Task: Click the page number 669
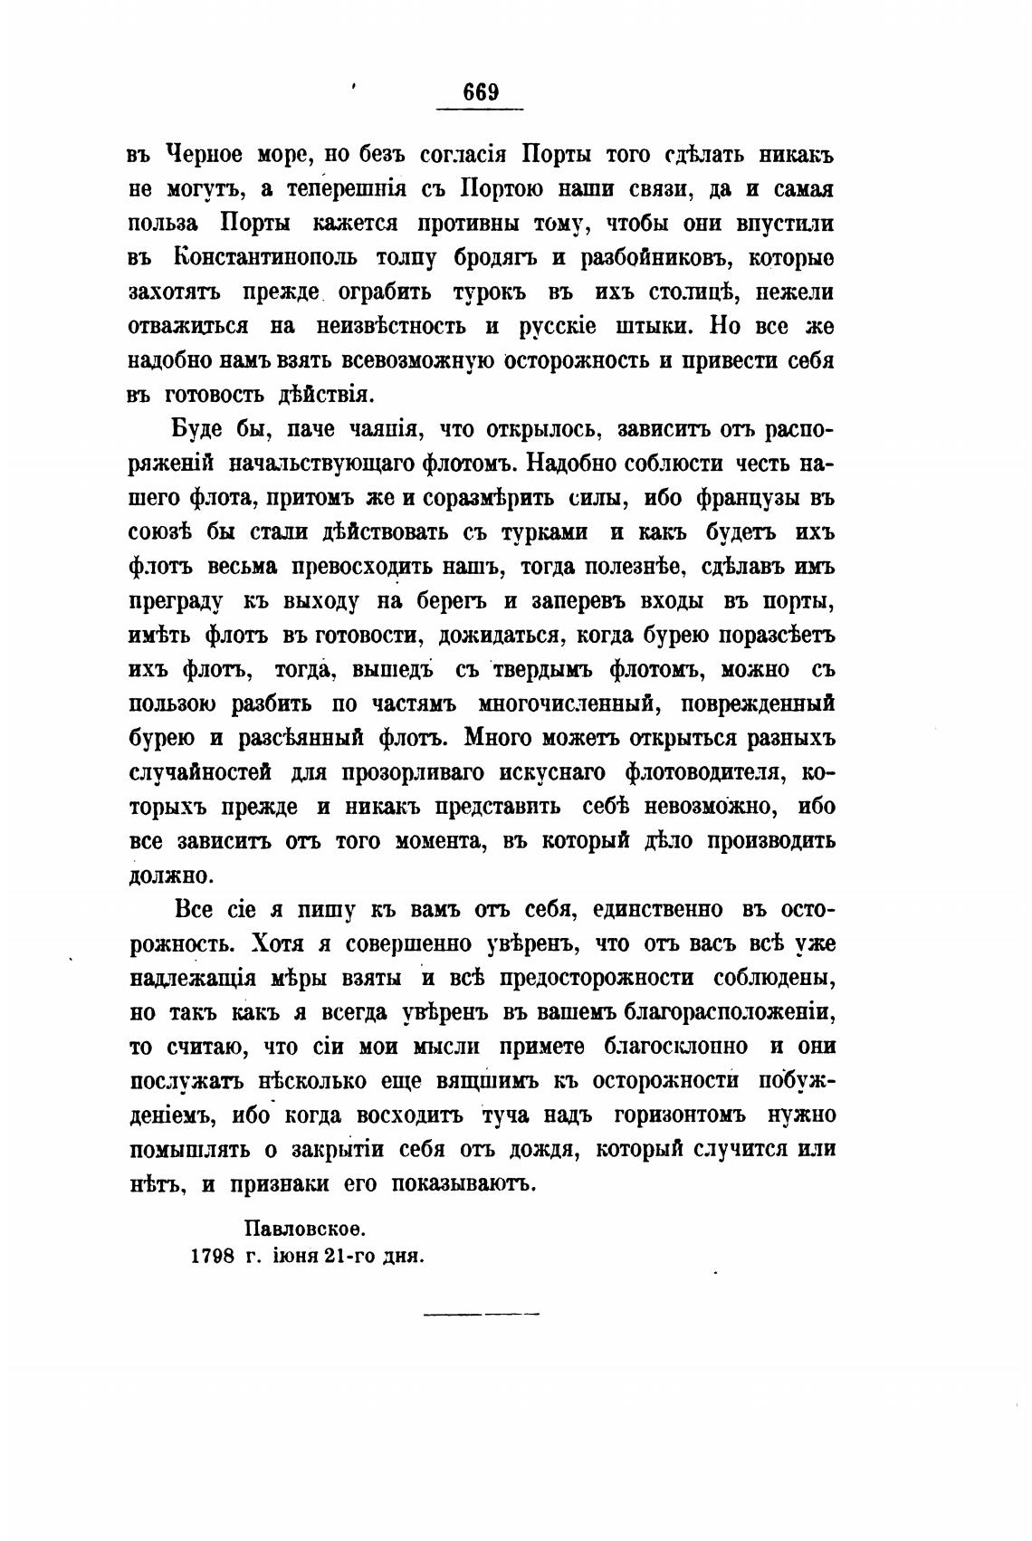[x=481, y=92]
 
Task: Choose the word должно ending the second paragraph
[x=170, y=876]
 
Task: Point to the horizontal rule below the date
[x=481, y=1312]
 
